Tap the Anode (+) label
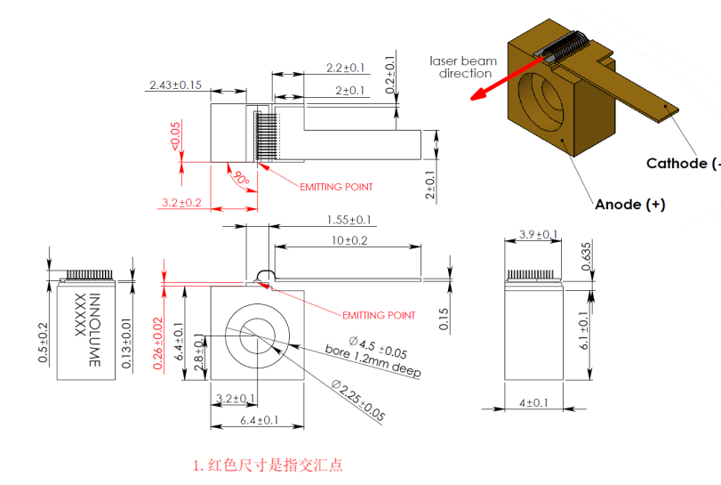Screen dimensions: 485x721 [629, 204]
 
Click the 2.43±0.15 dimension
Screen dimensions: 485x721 [175, 85]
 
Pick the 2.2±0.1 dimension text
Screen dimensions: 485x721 [346, 68]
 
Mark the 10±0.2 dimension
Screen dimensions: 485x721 [348, 240]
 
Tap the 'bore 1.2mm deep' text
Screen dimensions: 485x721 [373, 360]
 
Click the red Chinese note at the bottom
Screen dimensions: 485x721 [268, 465]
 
